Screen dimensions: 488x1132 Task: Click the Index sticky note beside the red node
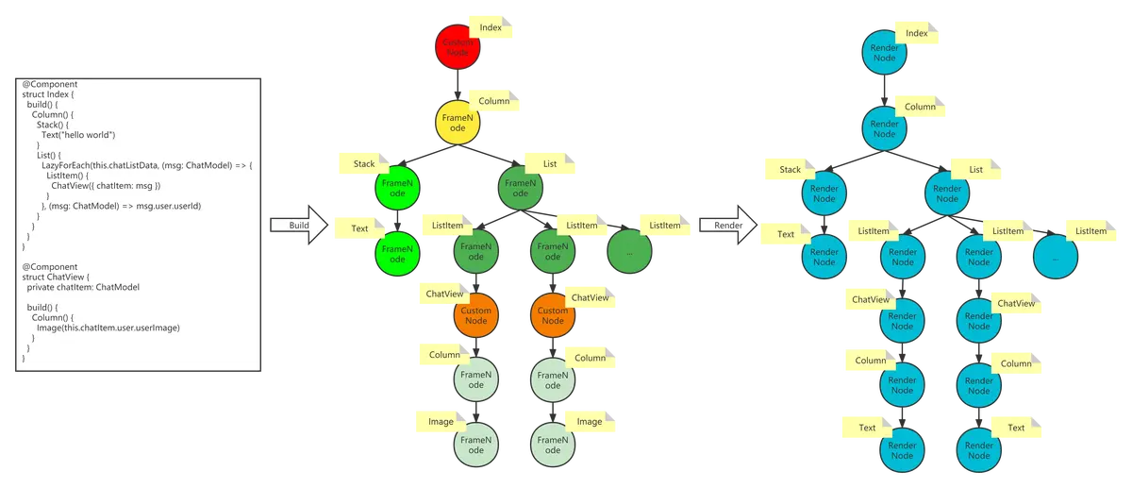[492, 28]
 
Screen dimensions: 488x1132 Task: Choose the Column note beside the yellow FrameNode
[494, 101]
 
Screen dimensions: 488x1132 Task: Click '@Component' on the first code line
[50, 84]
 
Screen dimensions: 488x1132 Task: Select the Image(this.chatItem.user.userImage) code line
[108, 328]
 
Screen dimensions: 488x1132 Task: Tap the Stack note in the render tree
[791, 170]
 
